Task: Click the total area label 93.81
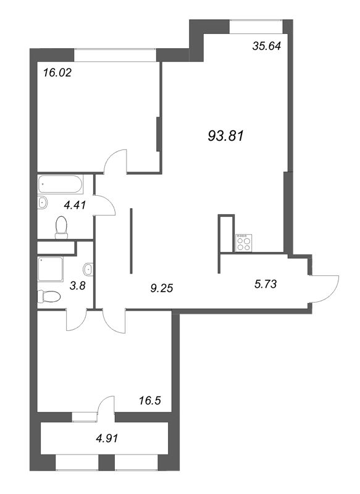tap(226, 136)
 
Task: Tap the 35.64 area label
tap(267, 46)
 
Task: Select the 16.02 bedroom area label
tap(57, 73)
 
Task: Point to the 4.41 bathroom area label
tap(75, 205)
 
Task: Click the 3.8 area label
tap(77, 287)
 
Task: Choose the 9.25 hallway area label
tap(162, 288)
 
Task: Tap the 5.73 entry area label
tap(265, 284)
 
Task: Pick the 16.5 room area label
tap(150, 400)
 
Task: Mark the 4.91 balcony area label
tap(106, 438)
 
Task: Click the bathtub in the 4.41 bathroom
tap(61, 184)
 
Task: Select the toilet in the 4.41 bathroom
tap(61, 227)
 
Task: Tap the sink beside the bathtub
tap(43, 203)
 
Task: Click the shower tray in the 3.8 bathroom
tap(51, 269)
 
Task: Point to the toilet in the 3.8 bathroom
tap(49, 297)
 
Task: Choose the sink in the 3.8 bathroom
tap(88, 269)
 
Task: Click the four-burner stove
tap(244, 243)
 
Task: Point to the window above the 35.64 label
tap(256, 27)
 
